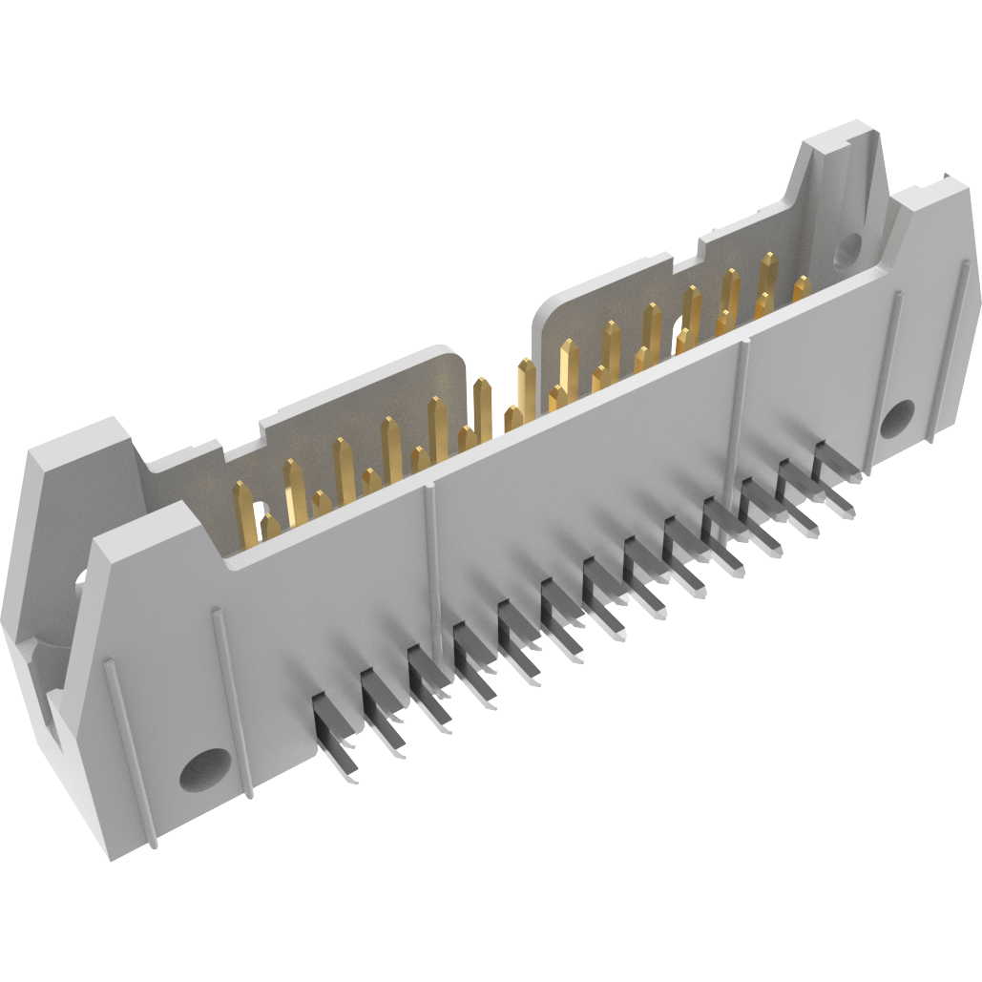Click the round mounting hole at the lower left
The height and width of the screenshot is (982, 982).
[205, 770]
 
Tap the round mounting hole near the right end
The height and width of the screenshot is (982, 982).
[897, 418]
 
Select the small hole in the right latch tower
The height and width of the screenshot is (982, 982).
[846, 253]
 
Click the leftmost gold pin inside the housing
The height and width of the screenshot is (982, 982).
[243, 511]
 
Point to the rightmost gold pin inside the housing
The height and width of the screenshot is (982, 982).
[802, 287]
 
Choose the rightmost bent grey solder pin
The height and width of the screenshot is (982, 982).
[836, 477]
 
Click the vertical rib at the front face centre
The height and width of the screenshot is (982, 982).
[431, 554]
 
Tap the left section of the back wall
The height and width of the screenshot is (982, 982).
[363, 401]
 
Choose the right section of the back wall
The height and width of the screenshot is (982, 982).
[611, 286]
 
